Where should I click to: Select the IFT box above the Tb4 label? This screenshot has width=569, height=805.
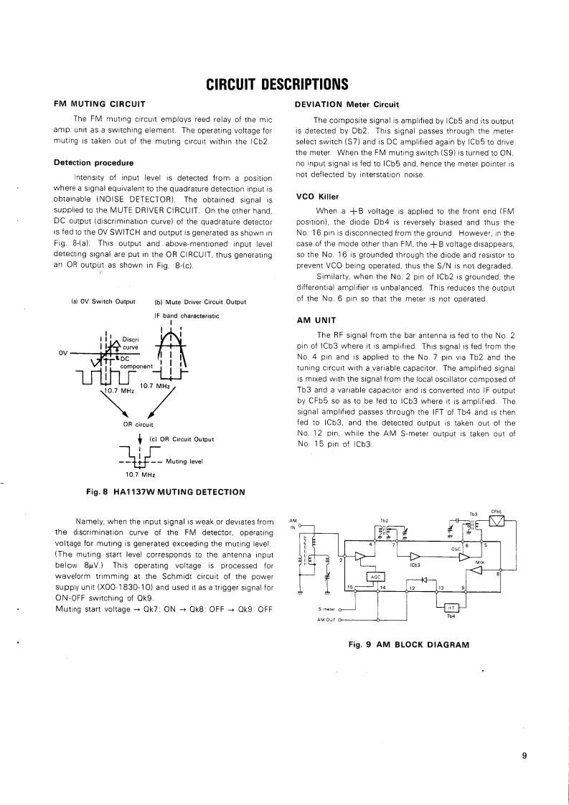(451, 607)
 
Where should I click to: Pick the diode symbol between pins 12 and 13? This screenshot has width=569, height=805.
(423, 579)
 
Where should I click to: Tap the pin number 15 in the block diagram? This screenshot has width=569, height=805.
(349, 588)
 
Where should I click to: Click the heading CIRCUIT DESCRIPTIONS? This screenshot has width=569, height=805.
(277, 85)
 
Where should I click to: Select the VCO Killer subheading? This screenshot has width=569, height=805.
(316, 196)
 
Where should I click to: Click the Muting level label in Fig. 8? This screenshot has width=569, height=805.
(184, 461)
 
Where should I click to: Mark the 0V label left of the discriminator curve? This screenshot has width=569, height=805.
(64, 352)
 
